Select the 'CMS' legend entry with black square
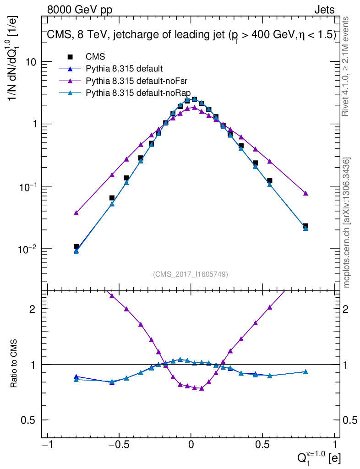pos(95,57)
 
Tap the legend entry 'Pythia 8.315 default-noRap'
pos(137,93)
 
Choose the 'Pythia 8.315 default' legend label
pos(124,69)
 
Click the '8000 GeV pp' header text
pos(80,10)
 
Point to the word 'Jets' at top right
pos(324,10)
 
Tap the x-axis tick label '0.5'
pos(262,445)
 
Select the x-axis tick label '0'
pos(191,445)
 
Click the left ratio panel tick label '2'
pos(33,309)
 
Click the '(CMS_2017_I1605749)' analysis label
pos(191,274)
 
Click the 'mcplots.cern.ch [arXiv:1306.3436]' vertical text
pos(347,223)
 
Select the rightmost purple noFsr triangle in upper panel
pos(305,193)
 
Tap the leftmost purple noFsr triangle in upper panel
pos(76,213)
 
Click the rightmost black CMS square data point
pos(305,226)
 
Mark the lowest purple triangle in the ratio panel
pos(202,388)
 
